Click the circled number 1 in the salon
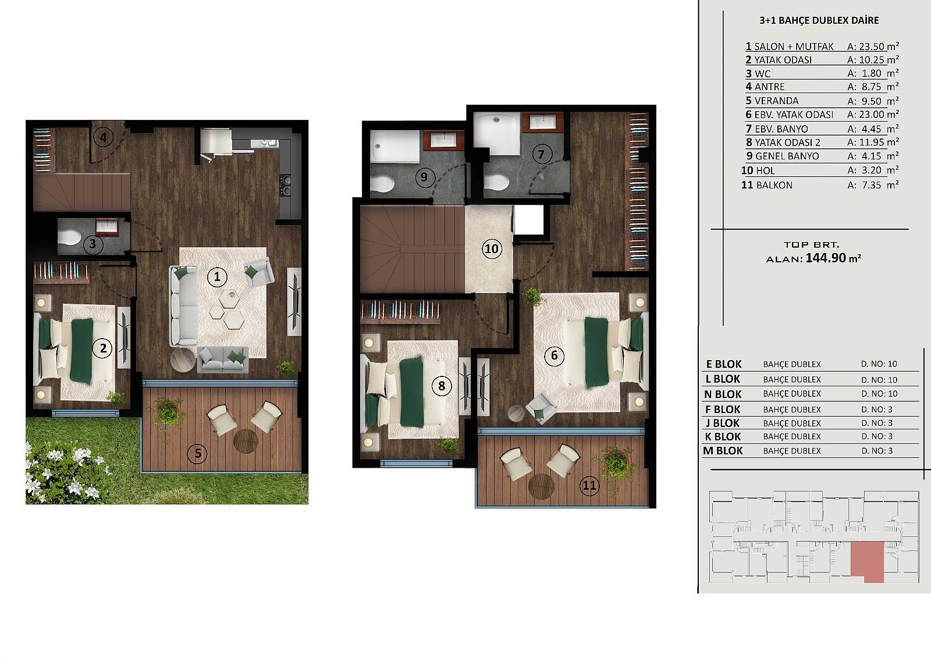[217, 277]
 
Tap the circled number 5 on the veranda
[198, 453]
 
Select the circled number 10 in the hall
[492, 249]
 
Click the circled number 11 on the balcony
[590, 485]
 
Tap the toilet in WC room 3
[69, 237]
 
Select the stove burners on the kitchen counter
[285, 186]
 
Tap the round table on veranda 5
[246, 441]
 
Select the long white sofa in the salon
[183, 306]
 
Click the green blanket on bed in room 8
[411, 392]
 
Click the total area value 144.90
[826, 258]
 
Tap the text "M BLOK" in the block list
[723, 450]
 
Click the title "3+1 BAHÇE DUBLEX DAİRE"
[819, 20]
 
